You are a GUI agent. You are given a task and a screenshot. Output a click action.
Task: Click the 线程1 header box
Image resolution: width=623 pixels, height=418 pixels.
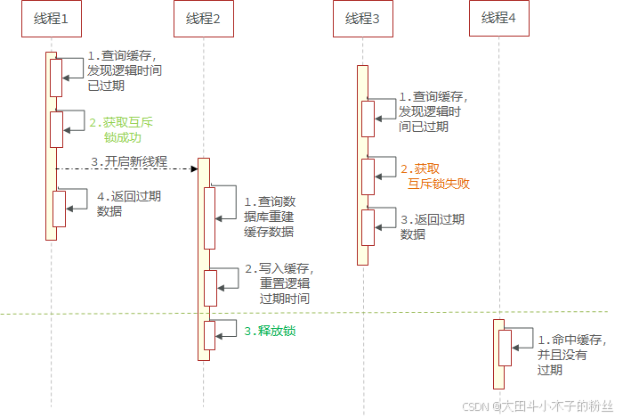[52, 18]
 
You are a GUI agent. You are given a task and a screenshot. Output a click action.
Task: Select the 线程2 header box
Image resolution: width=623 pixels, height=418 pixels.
[203, 18]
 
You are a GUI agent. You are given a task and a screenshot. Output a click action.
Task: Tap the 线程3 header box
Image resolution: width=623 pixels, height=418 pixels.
[363, 18]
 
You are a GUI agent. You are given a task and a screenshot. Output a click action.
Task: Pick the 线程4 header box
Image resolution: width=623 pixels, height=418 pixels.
[498, 18]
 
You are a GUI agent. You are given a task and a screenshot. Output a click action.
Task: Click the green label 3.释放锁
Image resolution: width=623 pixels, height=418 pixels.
[270, 331]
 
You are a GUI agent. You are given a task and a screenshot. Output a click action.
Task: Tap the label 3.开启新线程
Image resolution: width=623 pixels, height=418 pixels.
[129, 161]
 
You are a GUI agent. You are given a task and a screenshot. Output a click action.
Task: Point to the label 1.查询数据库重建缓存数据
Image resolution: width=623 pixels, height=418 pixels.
[276, 217]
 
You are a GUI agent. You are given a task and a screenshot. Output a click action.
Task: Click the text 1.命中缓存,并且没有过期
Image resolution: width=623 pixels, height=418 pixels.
[570, 355]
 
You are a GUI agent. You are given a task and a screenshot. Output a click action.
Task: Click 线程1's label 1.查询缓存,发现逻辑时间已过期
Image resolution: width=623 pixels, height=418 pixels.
[125, 70]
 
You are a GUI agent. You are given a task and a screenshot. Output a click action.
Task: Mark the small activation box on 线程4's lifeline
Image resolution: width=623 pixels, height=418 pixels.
[505, 347]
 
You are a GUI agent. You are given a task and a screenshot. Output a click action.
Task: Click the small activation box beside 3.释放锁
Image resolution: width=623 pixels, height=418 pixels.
[210, 335]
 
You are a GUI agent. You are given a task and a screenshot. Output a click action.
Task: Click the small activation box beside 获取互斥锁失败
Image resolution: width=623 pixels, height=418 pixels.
[368, 175]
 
